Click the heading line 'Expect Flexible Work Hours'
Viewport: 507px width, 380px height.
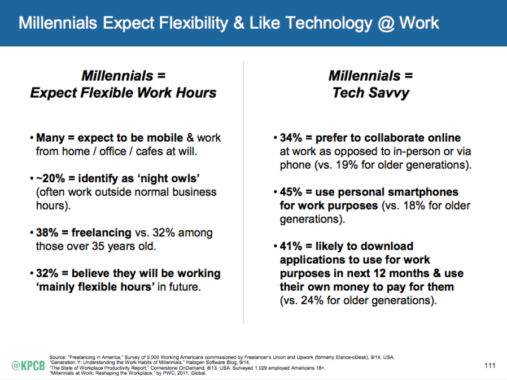click(x=123, y=93)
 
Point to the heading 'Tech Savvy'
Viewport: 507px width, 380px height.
click(x=370, y=93)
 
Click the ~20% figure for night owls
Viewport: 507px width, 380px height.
click(x=49, y=178)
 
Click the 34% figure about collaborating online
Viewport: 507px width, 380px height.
click(x=292, y=138)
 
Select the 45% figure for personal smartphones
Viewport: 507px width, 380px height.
click(x=292, y=192)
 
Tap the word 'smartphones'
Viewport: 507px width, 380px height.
click(x=420, y=192)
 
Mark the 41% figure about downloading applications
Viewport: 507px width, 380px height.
click(x=292, y=246)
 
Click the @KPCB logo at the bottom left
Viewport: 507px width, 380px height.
click(x=28, y=365)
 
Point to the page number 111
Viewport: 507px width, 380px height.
click(x=489, y=366)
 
